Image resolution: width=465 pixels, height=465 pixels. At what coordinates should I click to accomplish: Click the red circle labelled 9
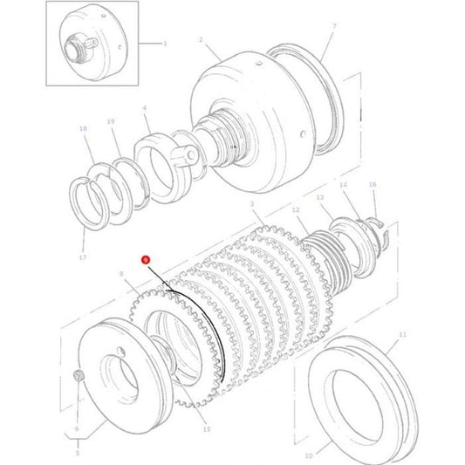(146, 259)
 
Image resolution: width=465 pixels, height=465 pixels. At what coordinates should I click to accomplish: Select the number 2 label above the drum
(201, 40)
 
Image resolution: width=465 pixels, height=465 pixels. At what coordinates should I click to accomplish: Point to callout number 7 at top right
(333, 28)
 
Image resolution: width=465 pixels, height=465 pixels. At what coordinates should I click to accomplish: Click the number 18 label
(83, 128)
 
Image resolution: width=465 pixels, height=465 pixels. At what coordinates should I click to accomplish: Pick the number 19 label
(111, 122)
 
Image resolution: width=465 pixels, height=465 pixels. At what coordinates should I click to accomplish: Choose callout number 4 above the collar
(145, 108)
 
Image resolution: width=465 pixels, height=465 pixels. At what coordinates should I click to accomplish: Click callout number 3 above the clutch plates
(251, 203)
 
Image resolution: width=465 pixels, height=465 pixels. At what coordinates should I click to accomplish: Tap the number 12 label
(295, 211)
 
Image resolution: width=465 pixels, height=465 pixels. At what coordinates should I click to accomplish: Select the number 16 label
(372, 185)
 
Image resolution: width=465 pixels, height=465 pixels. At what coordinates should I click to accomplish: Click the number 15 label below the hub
(206, 430)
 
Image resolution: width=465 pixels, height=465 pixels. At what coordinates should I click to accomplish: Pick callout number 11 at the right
(402, 334)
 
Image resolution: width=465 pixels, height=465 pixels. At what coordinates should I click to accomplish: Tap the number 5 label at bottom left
(76, 454)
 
